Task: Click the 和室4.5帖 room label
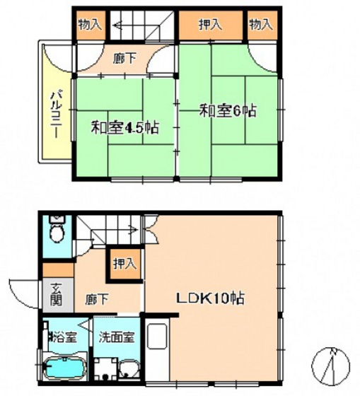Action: [x=124, y=127]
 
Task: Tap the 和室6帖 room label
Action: [x=228, y=111]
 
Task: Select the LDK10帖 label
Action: [x=210, y=298]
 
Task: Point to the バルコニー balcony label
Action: [x=56, y=115]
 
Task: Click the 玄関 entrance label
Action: [x=56, y=294]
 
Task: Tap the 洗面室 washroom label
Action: [x=117, y=337]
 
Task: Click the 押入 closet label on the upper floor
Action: [x=210, y=25]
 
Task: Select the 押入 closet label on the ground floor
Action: [x=124, y=264]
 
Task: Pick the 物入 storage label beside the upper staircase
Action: [x=91, y=25]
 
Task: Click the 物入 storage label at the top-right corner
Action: [x=261, y=25]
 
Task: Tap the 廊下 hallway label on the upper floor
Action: [x=124, y=59]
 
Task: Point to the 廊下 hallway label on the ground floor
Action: [x=97, y=300]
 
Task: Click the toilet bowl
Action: [x=57, y=233]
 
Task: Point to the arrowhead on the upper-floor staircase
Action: [x=117, y=25]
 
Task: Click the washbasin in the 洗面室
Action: [x=129, y=369]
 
